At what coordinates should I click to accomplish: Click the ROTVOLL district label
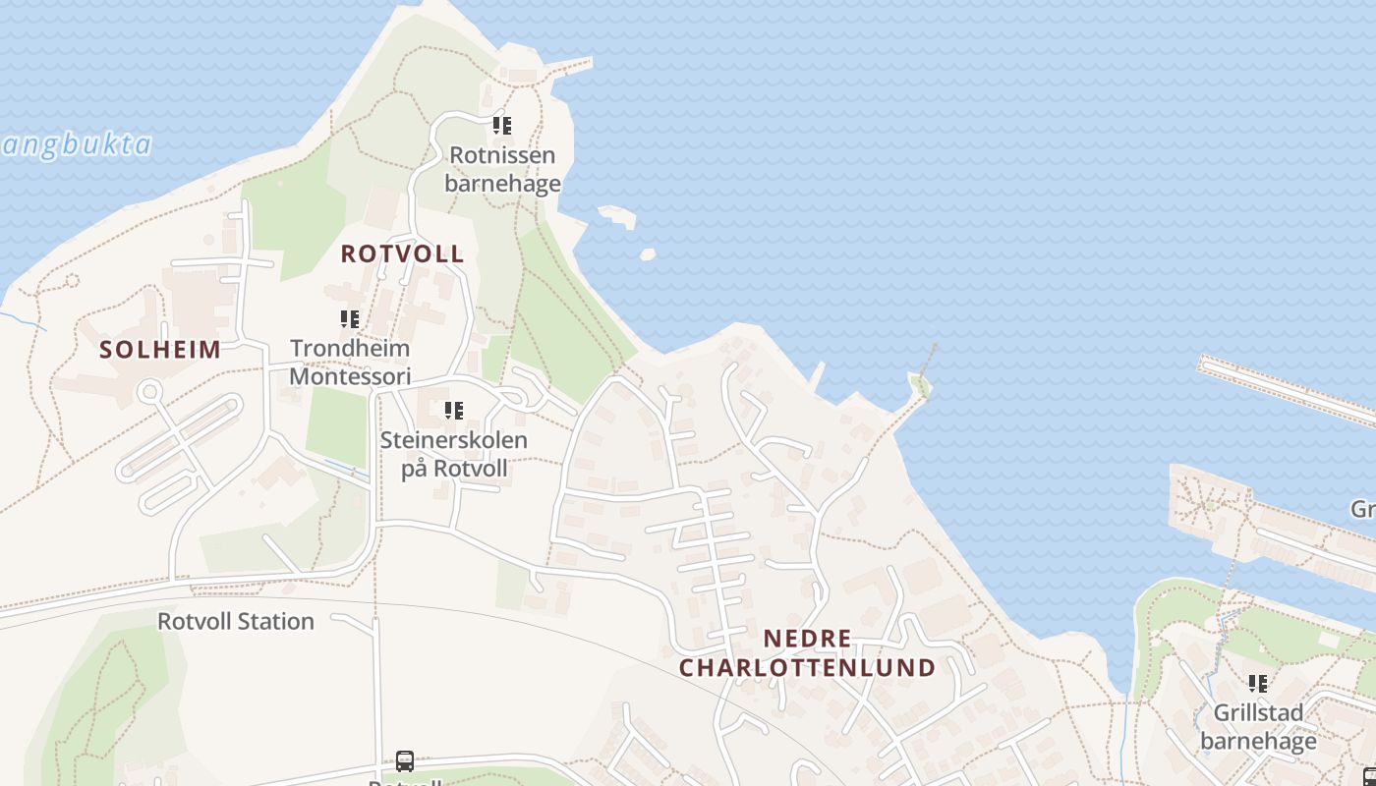click(x=402, y=253)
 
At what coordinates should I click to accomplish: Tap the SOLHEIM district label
click(x=160, y=350)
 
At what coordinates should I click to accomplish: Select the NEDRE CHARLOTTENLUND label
click(x=807, y=653)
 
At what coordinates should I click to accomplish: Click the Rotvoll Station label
click(x=236, y=621)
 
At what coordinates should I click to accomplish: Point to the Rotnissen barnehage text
click(x=502, y=169)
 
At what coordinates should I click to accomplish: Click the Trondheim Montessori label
click(x=350, y=362)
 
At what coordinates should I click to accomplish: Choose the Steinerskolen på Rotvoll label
click(x=454, y=454)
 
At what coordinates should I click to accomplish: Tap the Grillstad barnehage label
click(x=1258, y=726)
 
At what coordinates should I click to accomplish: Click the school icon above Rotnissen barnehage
click(x=502, y=126)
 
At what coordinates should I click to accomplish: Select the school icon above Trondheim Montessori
click(x=350, y=319)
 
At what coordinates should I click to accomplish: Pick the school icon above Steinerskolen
click(x=453, y=411)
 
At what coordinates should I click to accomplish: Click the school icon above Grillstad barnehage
click(x=1257, y=683)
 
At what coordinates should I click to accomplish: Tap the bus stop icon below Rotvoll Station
click(x=404, y=760)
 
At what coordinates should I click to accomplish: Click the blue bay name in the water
click(x=77, y=145)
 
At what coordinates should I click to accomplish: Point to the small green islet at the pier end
click(x=921, y=384)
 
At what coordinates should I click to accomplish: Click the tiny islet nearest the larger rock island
click(x=647, y=254)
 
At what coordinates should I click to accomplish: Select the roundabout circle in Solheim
click(x=149, y=392)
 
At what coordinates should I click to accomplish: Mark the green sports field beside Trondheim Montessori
click(x=336, y=426)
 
